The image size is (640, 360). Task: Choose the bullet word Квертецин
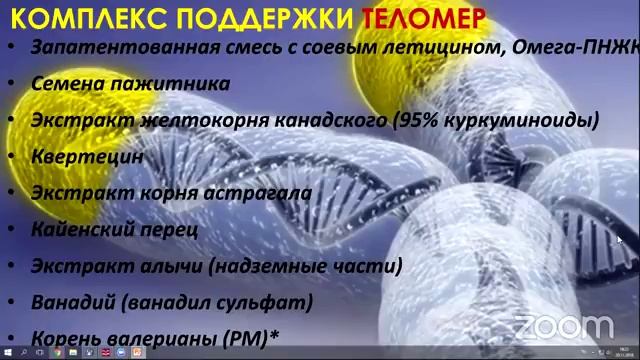(87, 156)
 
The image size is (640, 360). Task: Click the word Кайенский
(81, 229)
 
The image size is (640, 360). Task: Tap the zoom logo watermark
(562, 327)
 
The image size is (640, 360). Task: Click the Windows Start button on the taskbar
(7, 353)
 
